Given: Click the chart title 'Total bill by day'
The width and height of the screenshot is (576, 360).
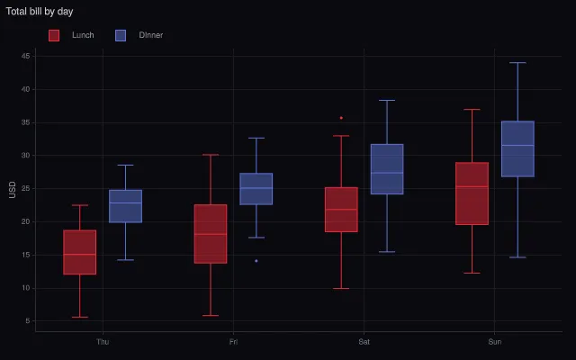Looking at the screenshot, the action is [x=40, y=12].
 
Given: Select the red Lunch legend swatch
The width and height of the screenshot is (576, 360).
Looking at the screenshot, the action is [x=54, y=35].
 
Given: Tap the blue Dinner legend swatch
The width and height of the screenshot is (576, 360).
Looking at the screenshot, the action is [x=121, y=35].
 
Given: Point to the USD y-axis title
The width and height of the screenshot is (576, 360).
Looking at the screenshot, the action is [x=13, y=190].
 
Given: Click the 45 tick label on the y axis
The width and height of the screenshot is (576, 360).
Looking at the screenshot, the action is [x=26, y=56].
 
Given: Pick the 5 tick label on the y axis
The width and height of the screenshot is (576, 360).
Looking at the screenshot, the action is [x=28, y=320].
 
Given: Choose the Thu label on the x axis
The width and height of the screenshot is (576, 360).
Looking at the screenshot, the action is [x=103, y=342].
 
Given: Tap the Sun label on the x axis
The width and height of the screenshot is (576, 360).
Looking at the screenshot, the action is [x=494, y=342].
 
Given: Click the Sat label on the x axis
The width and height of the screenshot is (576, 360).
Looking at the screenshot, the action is [x=364, y=342].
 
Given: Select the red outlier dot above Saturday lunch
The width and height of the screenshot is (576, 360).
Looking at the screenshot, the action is [x=341, y=118].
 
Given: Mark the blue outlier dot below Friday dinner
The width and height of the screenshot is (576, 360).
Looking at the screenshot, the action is [x=256, y=261].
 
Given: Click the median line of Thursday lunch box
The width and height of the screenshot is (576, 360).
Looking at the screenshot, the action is [x=80, y=254].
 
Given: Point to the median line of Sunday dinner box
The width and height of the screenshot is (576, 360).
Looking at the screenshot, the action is [x=518, y=145].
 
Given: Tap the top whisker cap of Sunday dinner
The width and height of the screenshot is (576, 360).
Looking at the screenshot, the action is [x=518, y=63].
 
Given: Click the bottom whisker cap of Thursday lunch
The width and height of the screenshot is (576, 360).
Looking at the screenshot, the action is [x=80, y=317].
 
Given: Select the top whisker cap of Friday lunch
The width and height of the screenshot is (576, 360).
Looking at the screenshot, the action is [x=211, y=155].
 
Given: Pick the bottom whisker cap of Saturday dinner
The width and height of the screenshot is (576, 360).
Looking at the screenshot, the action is [x=387, y=252].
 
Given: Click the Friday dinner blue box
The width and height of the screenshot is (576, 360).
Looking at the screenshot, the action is [x=256, y=189].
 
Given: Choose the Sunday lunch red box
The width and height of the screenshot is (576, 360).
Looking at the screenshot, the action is [x=472, y=193].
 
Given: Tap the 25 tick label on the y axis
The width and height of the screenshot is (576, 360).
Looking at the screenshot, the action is [x=26, y=188].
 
